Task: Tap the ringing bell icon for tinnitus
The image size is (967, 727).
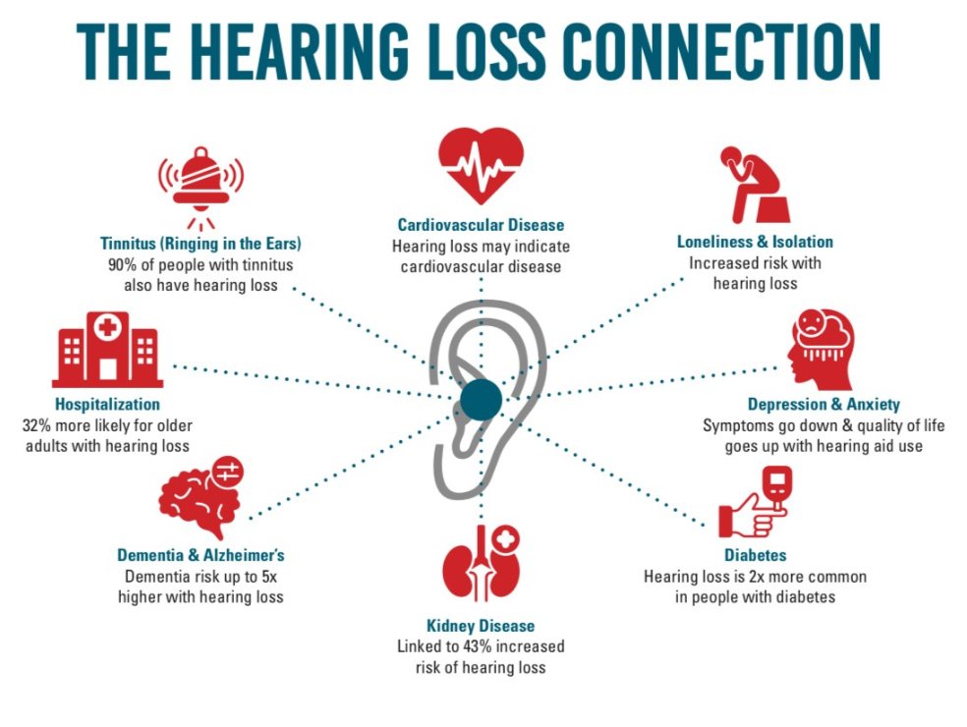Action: click(x=200, y=183)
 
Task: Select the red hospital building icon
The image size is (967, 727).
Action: click(x=107, y=350)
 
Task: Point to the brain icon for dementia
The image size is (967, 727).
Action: click(x=201, y=499)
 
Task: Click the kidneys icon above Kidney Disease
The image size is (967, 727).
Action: click(x=480, y=564)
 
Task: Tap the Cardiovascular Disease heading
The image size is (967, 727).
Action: click(x=481, y=225)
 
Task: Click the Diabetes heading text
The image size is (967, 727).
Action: click(x=755, y=555)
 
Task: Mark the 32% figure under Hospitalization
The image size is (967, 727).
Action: click(x=38, y=425)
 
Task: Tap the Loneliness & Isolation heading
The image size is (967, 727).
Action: click(x=755, y=242)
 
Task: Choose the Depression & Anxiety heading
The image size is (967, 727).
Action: click(x=824, y=404)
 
